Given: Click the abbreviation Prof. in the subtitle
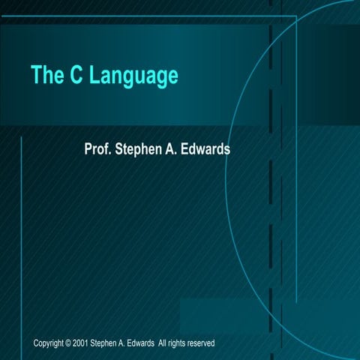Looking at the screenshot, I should tap(99, 148).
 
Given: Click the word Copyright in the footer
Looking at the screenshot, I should tap(49, 343).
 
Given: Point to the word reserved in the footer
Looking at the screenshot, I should tap(202, 343).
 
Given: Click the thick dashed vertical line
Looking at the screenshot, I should tap(270, 225).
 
